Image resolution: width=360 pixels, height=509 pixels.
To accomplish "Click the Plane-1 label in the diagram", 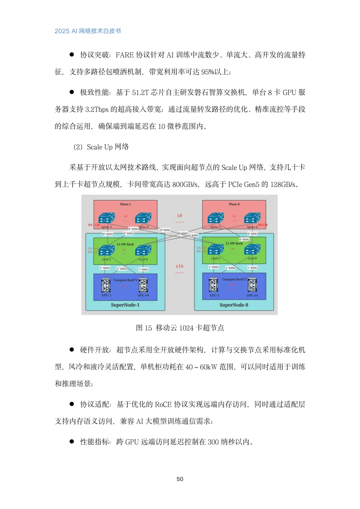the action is coord(125,204).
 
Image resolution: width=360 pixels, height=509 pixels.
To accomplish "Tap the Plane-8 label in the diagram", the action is coord(234,204).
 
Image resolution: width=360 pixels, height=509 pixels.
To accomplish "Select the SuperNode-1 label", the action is coord(125,305).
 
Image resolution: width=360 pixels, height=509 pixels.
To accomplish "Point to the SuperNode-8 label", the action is coord(234,305).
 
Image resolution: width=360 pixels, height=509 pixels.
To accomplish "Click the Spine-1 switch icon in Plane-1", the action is coord(107,219).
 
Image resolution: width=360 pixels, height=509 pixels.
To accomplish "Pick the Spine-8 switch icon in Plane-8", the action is coord(252,219).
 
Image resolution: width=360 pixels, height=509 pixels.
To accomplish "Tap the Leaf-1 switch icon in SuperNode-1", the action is coord(107,251).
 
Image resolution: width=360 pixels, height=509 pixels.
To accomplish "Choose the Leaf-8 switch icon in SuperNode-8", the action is coord(252,250).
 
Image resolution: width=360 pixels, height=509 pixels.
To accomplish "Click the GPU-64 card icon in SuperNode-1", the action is coord(143,286).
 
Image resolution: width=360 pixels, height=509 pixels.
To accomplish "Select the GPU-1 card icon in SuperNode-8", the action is coord(214,285).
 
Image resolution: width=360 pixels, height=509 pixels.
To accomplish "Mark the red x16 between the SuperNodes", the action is coord(179,266).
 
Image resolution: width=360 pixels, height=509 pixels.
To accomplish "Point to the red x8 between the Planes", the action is coord(179,216).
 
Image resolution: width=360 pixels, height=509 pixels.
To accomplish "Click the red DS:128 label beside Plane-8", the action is coord(263,225).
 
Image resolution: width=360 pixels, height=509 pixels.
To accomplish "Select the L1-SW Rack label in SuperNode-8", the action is coord(234,243).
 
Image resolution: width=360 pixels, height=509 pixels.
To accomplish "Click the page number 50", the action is coord(180,479).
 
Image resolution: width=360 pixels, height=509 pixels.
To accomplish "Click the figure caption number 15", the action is coord(148,328).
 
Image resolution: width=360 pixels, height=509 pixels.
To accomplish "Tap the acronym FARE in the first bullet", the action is coord(125,55).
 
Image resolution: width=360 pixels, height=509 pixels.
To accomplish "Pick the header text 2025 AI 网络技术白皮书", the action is coord(88,31).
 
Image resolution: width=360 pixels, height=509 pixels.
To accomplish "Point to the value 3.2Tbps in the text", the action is coord(97,109).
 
